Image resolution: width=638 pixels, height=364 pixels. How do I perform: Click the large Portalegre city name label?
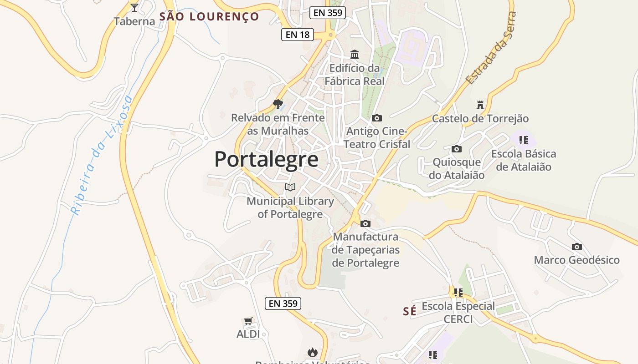266,160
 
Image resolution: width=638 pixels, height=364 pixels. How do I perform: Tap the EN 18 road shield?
298,34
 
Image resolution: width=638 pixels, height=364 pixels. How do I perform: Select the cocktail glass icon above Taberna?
134,7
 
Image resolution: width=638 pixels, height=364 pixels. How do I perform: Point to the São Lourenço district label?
209,17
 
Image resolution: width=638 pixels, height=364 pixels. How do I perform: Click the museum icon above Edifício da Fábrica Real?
355,55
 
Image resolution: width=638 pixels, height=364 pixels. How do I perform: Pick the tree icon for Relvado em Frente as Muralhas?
278,104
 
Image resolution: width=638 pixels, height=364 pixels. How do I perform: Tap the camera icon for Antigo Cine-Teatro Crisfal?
377,118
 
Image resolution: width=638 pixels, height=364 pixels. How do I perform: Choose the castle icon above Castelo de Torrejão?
480,105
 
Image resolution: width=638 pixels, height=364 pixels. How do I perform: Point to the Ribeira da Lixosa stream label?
101,155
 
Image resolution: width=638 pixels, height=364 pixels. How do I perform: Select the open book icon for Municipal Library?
290,187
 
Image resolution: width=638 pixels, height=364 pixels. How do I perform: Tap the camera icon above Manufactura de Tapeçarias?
365,223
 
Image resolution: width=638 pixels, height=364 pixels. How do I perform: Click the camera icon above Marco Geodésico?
577,247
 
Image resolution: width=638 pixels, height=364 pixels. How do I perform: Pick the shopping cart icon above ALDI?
248,321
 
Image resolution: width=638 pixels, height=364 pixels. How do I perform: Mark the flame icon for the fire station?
312,352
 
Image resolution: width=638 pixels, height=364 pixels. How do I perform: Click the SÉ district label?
410,311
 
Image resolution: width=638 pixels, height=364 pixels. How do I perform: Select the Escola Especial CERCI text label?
458,313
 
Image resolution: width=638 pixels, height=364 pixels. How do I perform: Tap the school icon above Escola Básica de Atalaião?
524,140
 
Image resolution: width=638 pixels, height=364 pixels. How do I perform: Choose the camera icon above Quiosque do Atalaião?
457,149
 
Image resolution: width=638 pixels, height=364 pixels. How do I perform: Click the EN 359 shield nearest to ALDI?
283,303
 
